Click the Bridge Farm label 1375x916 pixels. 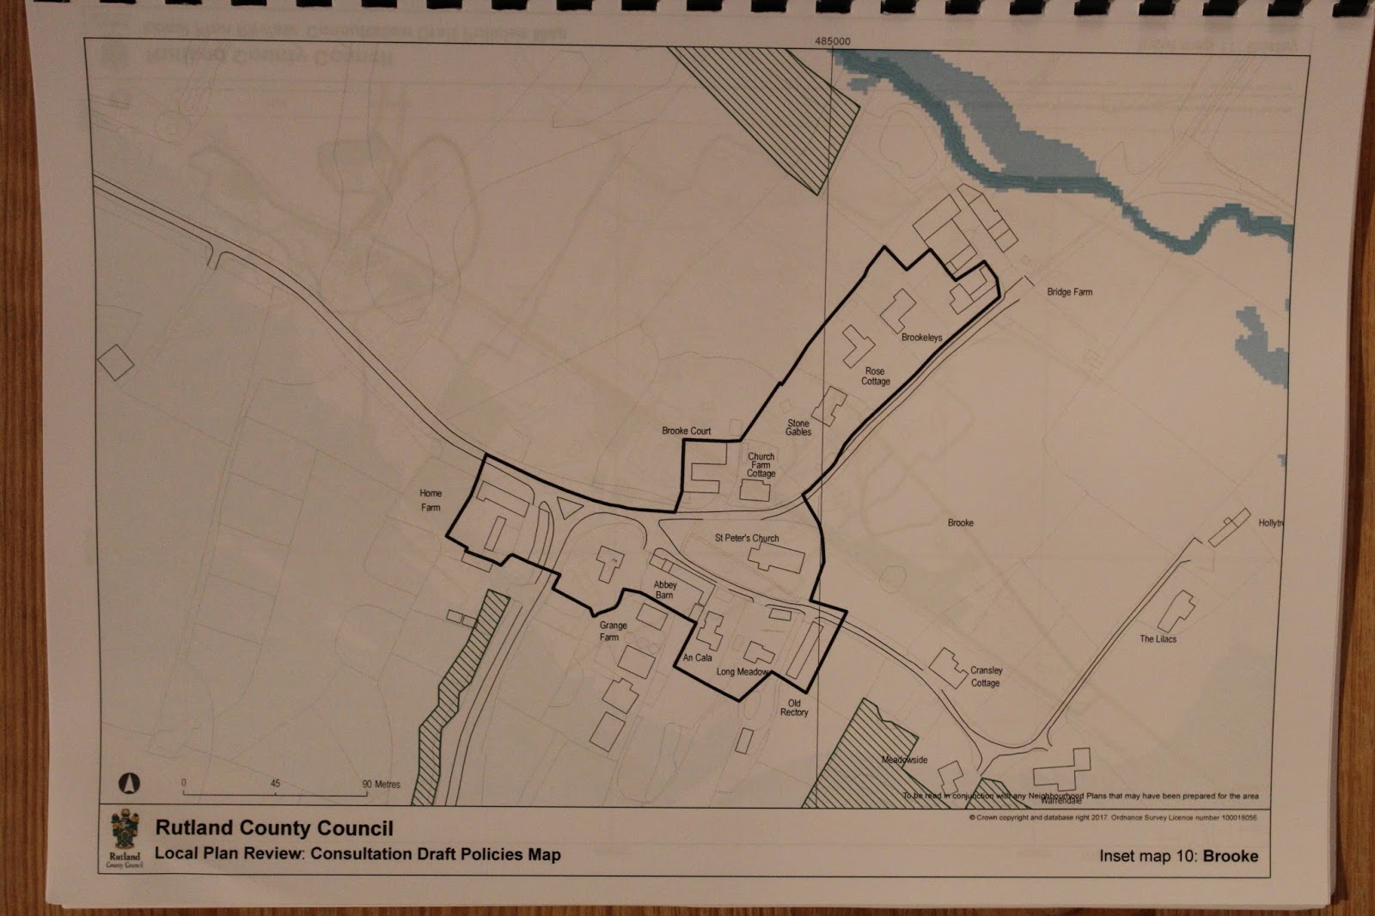click(x=1069, y=292)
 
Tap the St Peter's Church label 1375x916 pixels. click(x=747, y=538)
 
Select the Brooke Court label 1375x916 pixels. click(x=686, y=431)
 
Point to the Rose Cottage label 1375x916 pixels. click(x=876, y=376)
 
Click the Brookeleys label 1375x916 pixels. click(x=921, y=338)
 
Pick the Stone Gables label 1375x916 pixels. click(x=798, y=428)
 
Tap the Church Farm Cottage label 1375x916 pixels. click(x=761, y=465)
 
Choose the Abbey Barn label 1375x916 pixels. click(x=665, y=589)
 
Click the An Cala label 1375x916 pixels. click(x=697, y=658)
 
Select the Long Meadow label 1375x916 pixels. click(x=742, y=671)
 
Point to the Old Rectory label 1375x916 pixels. click(x=794, y=707)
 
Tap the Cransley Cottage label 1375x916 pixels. click(x=986, y=676)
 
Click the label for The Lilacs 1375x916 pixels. click(x=1158, y=639)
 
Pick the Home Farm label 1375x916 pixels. click(x=431, y=500)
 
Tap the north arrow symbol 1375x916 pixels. click(x=127, y=783)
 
